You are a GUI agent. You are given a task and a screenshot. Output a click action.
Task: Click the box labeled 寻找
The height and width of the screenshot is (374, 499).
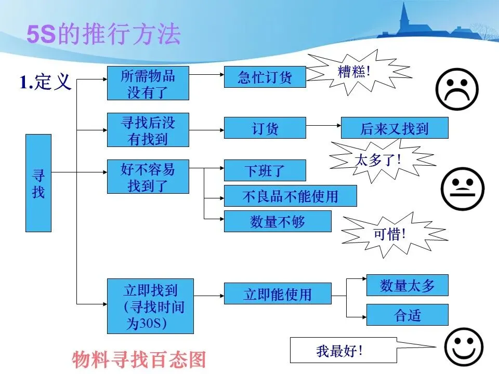[x=38, y=183]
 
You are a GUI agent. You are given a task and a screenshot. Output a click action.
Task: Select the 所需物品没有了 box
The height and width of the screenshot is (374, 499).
[x=148, y=83]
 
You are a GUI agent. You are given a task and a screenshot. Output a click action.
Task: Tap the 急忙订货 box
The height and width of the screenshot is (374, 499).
[x=265, y=77]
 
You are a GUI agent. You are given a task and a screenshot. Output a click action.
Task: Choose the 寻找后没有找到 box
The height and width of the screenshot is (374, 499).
[x=148, y=130]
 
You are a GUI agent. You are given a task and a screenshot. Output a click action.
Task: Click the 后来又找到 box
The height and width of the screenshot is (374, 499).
[x=394, y=128]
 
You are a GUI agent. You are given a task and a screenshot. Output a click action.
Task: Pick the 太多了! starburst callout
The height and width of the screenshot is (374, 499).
[x=378, y=159]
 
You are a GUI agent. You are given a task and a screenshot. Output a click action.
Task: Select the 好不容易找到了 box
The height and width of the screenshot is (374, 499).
[x=148, y=177]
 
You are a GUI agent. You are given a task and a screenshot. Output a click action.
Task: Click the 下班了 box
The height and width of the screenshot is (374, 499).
[x=265, y=170]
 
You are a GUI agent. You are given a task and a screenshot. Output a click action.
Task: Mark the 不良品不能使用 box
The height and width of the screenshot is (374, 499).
[x=290, y=196]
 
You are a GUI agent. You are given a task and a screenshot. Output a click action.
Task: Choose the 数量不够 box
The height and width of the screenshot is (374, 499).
[x=277, y=221]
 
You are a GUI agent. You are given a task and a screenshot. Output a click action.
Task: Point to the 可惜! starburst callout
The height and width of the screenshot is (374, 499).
[x=390, y=234]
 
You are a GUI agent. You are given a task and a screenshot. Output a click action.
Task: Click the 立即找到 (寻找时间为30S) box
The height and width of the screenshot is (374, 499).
[x=150, y=306]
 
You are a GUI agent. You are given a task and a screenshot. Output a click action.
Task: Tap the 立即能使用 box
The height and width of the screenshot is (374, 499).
[x=277, y=294]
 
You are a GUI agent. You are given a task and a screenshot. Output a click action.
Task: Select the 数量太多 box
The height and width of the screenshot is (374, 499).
[x=407, y=285]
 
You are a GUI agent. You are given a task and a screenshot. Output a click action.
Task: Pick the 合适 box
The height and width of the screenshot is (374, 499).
[x=407, y=315]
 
